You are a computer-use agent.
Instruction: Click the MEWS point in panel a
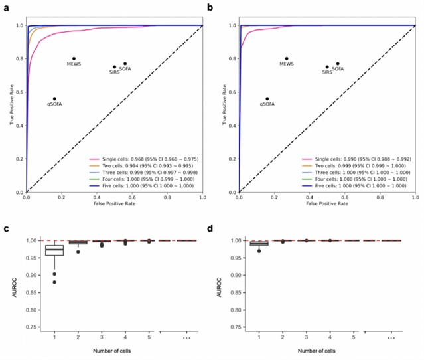coord(74,58)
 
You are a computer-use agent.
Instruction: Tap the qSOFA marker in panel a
coord(54,98)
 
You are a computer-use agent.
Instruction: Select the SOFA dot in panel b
coord(338,64)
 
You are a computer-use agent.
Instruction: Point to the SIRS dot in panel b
coord(327,67)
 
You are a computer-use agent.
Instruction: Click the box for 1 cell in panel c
coord(54,250)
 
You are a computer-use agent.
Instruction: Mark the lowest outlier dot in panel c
coord(54,282)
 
